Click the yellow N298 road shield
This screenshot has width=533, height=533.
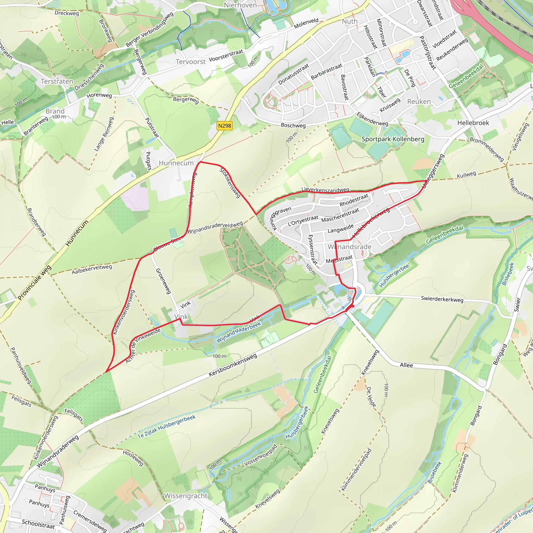tap(224, 126)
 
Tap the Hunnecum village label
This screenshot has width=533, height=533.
tap(176, 163)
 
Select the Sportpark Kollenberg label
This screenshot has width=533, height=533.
tap(393, 139)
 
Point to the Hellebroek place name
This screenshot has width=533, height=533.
tap(473, 123)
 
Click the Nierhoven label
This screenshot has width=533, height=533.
tap(240, 5)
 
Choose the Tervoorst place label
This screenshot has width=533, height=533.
tap(191, 61)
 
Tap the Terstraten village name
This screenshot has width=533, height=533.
tap(57, 81)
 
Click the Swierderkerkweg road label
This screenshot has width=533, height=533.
tap(442, 299)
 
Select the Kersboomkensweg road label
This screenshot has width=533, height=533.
tap(233, 365)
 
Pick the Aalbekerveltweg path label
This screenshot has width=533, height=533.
tap(92, 269)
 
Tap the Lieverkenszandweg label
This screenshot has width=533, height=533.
tap(325, 190)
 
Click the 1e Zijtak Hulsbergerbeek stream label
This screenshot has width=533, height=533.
tap(167, 427)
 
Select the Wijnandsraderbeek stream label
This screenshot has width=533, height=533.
tap(239, 332)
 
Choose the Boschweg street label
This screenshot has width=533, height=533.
tap(293, 125)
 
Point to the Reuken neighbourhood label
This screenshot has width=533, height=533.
tap(419, 101)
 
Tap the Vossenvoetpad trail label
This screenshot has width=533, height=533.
tap(261, 455)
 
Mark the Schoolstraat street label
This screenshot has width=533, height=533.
tap(38, 523)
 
